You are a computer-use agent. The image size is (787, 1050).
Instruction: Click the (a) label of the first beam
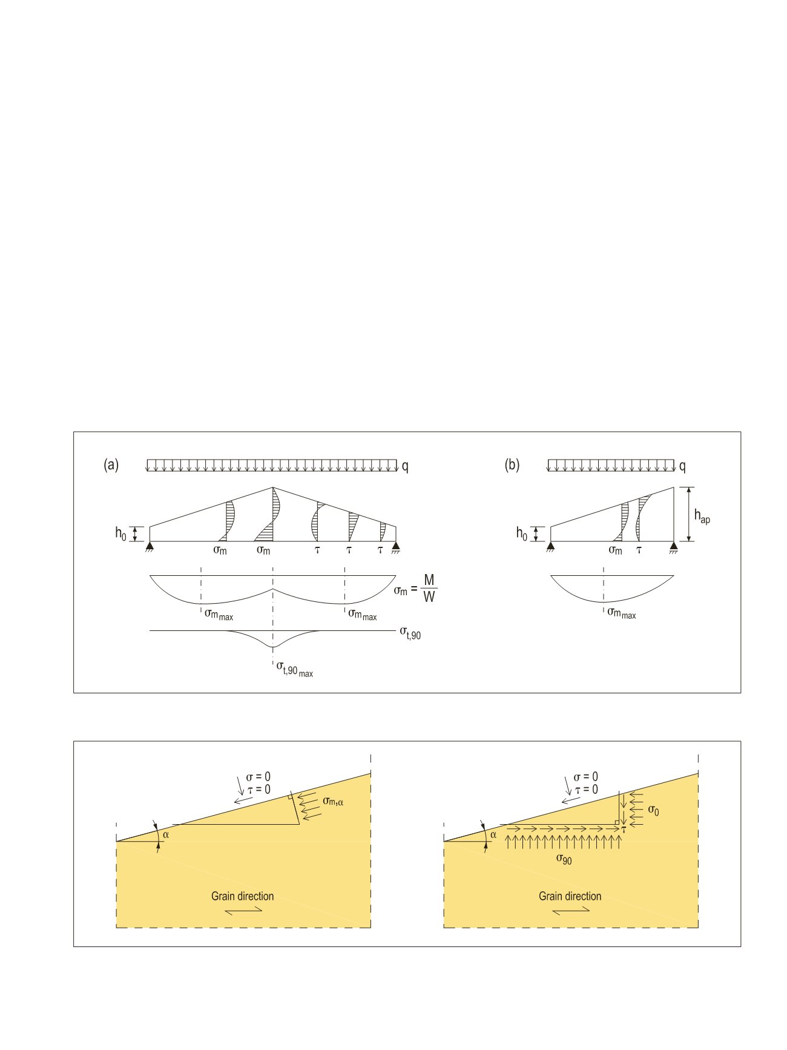pos(111,465)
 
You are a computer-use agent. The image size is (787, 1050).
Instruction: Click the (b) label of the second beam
pos(512,465)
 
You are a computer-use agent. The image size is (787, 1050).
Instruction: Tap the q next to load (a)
pos(404,467)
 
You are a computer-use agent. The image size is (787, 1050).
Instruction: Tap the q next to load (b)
pos(682,467)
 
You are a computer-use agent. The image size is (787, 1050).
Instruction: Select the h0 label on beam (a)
pos(121,533)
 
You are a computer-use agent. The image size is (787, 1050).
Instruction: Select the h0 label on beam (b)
pos(522,533)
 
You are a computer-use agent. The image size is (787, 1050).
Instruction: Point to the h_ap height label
pos(702,517)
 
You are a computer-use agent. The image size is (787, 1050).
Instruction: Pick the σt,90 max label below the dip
pos(295,669)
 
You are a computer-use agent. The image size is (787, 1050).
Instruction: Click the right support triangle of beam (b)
pos(673,547)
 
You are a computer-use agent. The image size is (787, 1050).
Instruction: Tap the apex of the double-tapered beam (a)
pos(273,487)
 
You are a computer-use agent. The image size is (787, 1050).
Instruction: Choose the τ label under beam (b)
pos(639,550)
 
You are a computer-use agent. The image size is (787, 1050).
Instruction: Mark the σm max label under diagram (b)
pos(622,613)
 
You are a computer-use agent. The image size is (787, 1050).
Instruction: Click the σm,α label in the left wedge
pos(337,801)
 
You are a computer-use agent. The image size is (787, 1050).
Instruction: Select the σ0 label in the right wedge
pos(653,810)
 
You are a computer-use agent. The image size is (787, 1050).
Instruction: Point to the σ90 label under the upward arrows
pos(564,859)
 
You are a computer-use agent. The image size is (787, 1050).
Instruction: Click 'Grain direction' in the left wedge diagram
pos(242,896)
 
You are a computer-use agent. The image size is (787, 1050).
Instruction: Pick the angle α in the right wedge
pos(493,834)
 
